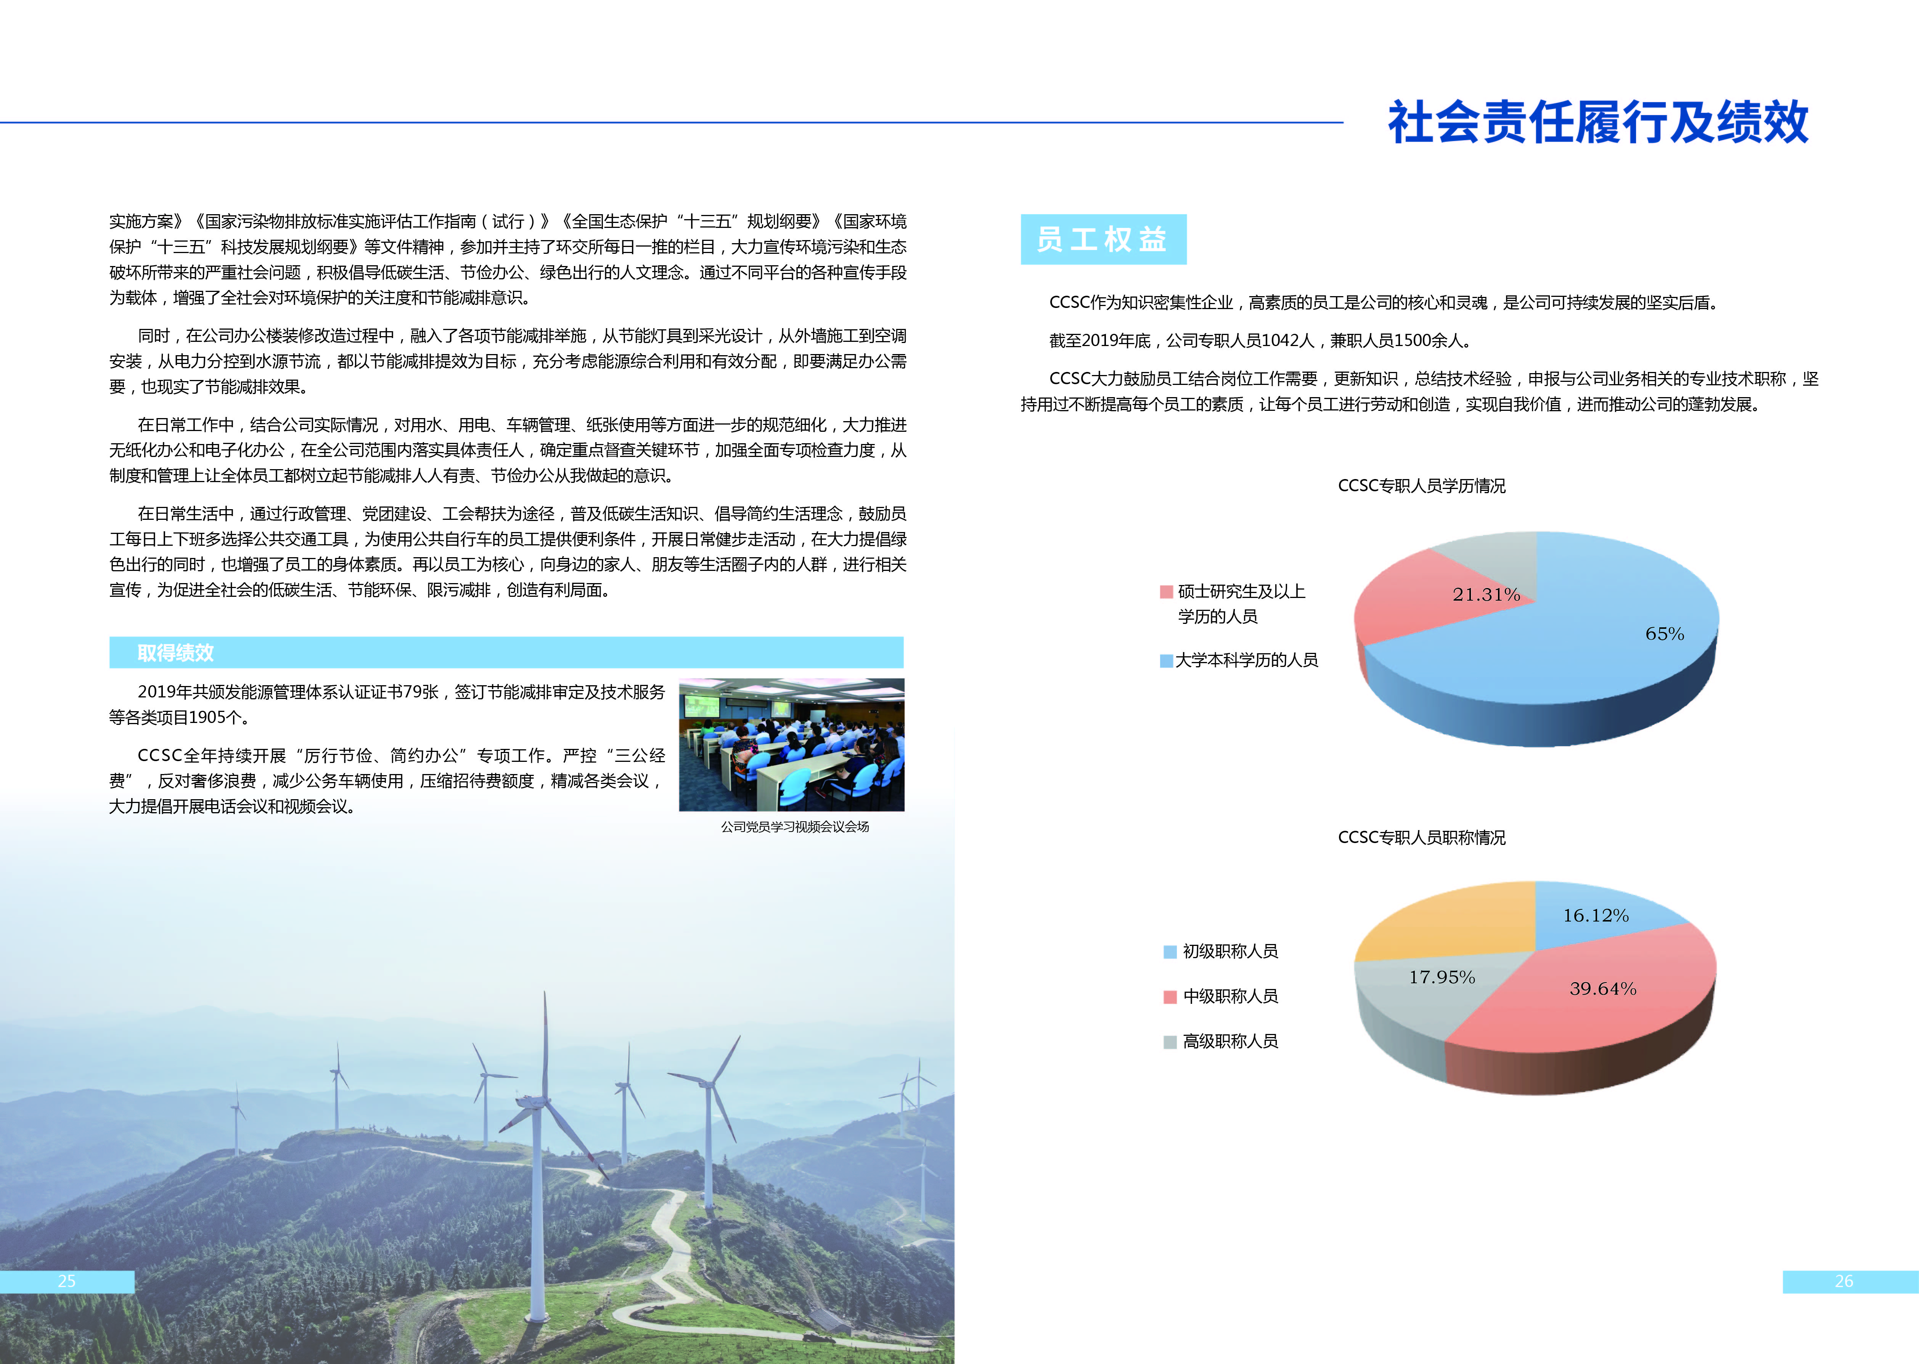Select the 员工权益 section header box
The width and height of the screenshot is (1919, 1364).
[x=1103, y=239]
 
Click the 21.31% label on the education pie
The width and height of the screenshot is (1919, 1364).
[x=1486, y=595]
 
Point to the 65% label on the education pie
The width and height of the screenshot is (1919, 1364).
[x=1664, y=634]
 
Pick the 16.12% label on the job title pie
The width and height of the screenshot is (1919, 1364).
[x=1596, y=915]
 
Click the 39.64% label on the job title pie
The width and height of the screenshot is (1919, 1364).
[x=1603, y=989]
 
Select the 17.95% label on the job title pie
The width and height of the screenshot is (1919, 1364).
[x=1442, y=977]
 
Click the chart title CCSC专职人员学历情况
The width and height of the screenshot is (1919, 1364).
[x=1422, y=486]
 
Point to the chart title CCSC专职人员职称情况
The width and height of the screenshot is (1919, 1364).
[x=1422, y=837]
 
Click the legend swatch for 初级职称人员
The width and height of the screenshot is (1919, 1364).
[x=1170, y=952]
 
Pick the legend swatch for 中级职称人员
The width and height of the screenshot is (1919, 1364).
[x=1170, y=997]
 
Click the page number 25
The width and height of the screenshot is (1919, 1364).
[x=66, y=1281]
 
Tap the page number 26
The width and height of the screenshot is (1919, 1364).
[x=1844, y=1281]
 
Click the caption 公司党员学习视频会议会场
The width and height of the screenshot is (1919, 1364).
[x=795, y=827]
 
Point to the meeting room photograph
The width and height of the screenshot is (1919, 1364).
[x=791, y=745]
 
